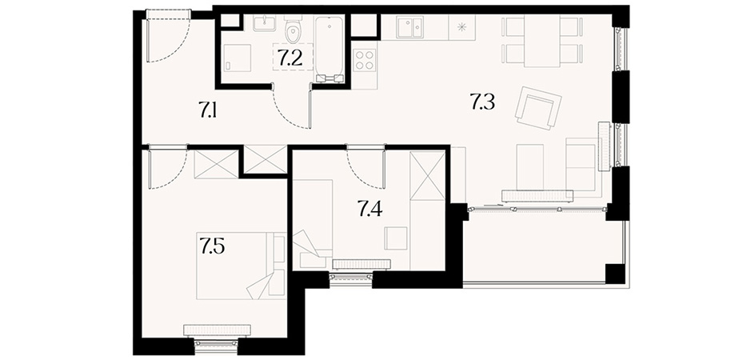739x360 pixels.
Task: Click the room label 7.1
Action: pos(207,110)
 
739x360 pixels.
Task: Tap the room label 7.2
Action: pos(290,58)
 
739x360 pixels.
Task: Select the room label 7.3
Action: pos(482,102)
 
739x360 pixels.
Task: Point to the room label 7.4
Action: pos(369,208)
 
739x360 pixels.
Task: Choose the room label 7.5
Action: pos(212,246)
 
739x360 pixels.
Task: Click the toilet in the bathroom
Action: pos(294,30)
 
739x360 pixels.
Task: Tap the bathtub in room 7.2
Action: pos(330,49)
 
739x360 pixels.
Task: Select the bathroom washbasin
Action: pos(265,22)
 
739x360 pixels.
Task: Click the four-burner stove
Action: pos(365,60)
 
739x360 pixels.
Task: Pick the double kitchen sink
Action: pos(409,27)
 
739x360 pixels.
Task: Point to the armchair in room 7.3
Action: pos(538,108)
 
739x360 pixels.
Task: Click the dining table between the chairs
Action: pos(542,41)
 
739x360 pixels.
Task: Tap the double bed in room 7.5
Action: pos(242,266)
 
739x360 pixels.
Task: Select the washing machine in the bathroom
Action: pos(237,58)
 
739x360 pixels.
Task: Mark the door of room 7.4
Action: pos(366,166)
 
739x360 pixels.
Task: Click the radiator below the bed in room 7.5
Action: pos(217,330)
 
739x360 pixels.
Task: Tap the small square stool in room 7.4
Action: pos(395,238)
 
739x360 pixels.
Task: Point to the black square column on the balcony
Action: pos(615,274)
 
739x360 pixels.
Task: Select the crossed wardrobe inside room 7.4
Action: pos(427,174)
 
